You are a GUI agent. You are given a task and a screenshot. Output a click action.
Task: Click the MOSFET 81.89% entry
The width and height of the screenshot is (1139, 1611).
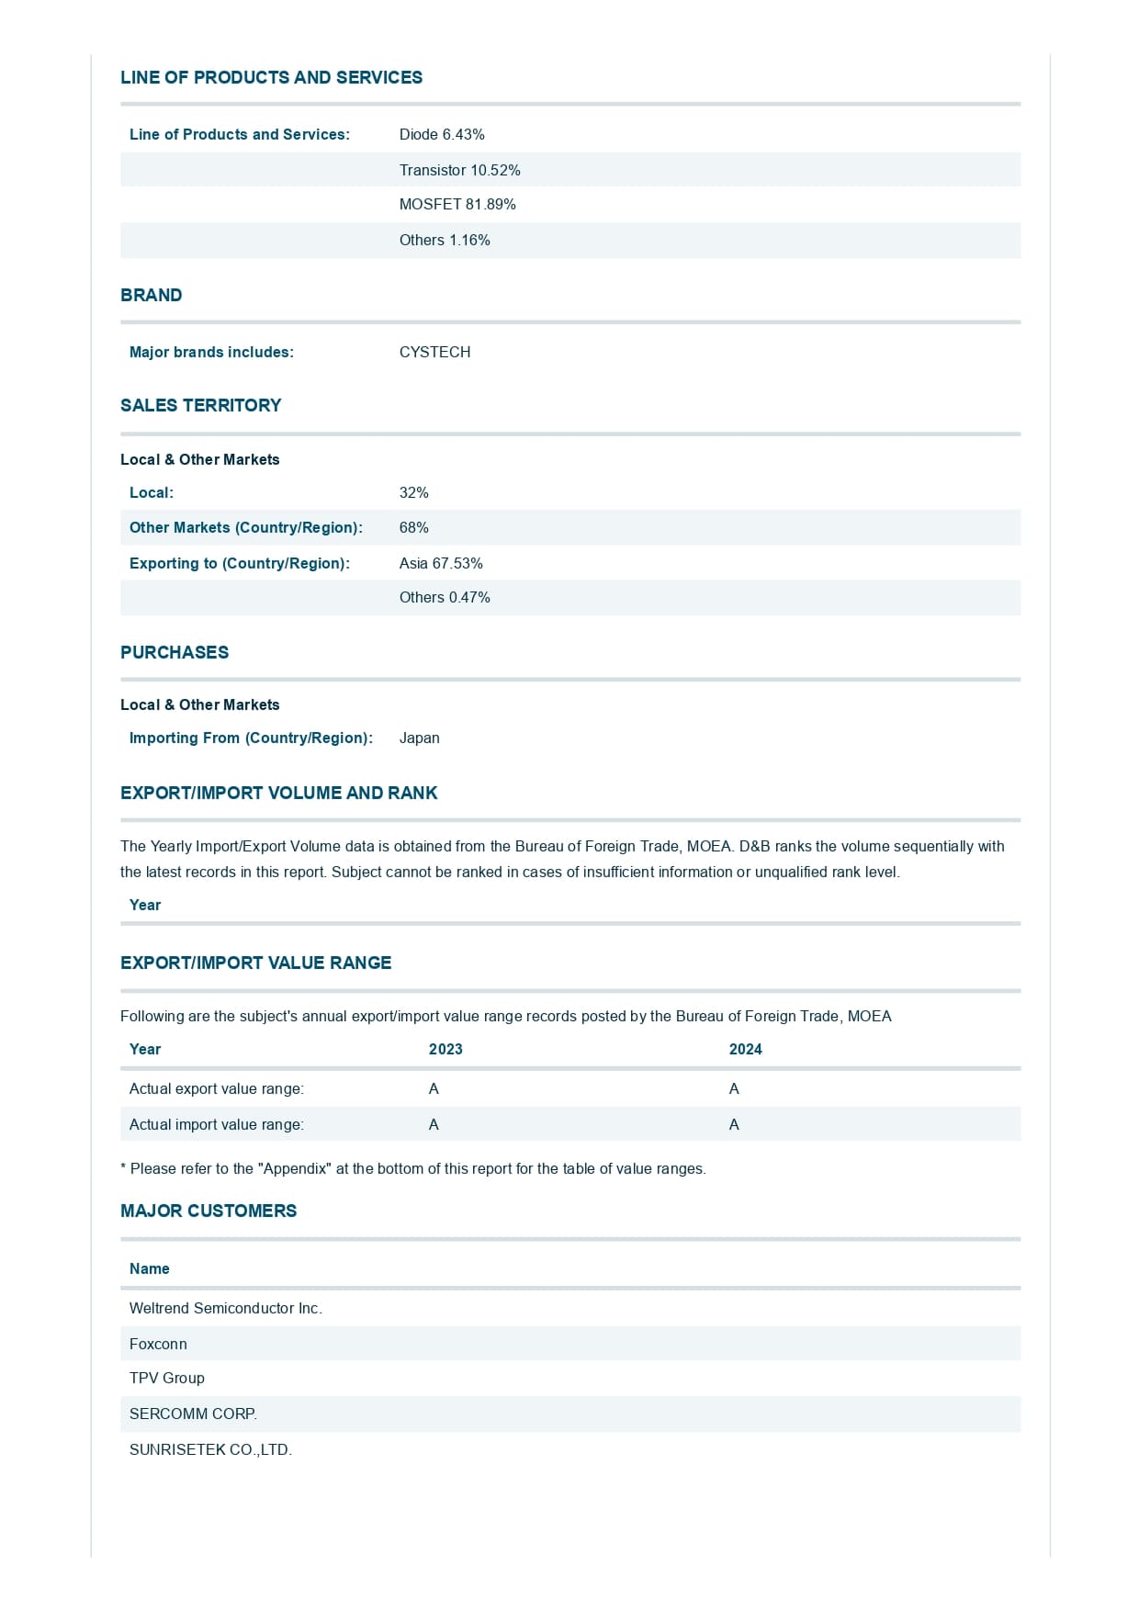click(457, 205)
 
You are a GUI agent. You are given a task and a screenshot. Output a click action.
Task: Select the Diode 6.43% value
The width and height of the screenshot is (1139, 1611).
click(442, 135)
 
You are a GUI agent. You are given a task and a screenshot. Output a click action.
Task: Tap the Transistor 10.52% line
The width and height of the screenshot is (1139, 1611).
click(459, 171)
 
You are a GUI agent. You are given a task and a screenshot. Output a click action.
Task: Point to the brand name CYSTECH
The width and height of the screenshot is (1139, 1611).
click(434, 353)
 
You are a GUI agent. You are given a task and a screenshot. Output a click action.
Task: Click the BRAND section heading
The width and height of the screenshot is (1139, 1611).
click(152, 296)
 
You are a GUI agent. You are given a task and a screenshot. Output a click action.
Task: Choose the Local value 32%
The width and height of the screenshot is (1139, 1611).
click(413, 493)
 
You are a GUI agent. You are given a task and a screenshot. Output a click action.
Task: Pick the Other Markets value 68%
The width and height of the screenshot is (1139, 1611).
click(413, 528)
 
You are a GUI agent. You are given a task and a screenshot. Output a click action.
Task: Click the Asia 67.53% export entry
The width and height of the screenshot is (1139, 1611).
click(441, 564)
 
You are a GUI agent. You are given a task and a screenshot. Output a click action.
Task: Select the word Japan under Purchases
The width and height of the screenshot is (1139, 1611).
click(419, 738)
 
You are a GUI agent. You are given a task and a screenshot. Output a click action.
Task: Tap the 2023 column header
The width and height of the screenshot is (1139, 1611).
click(445, 1050)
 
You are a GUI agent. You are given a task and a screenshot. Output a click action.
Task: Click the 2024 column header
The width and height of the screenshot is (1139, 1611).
click(745, 1050)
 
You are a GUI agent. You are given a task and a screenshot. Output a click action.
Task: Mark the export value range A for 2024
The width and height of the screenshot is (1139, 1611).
click(734, 1089)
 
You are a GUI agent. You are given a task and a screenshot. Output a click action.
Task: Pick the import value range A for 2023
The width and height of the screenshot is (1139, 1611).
click(434, 1125)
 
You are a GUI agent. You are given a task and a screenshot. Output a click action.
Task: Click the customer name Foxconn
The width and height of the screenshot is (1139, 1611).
click(158, 1345)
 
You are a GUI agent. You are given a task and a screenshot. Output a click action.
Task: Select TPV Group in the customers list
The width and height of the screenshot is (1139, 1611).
click(167, 1379)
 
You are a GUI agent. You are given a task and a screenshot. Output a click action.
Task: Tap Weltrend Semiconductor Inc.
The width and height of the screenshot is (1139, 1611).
click(225, 1309)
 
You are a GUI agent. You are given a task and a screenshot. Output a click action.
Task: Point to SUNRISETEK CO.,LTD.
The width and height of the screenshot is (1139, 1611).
click(210, 1450)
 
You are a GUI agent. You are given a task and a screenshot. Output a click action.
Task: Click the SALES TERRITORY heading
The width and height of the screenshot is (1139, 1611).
click(201, 406)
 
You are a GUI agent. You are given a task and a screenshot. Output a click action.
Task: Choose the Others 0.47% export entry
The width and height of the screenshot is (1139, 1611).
click(445, 598)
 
